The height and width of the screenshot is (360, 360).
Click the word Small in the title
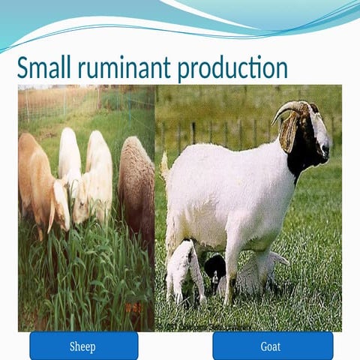[40, 68]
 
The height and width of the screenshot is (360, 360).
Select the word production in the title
[233, 68]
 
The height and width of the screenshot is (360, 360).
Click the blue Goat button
[271, 346]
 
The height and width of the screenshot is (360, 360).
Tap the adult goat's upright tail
[164, 163]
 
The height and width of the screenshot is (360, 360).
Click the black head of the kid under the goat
[216, 266]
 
